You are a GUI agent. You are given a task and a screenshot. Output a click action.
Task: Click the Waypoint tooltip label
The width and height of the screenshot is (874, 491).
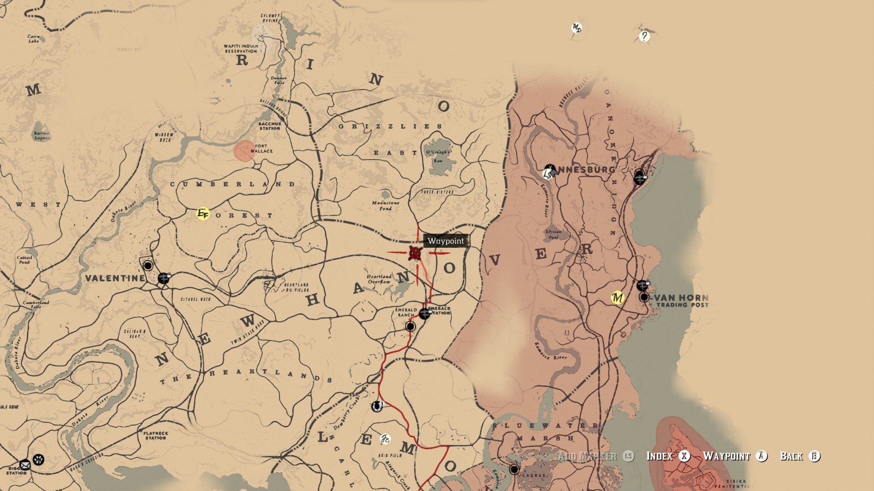click(446, 241)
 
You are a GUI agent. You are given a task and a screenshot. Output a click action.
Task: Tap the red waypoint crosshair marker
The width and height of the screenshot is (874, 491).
click(415, 253)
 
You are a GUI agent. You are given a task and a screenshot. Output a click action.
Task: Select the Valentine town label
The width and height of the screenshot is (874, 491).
click(115, 278)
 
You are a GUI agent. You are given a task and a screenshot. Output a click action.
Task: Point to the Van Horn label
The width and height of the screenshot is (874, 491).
click(681, 298)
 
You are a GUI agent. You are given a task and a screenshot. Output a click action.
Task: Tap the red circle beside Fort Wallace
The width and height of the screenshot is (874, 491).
click(244, 151)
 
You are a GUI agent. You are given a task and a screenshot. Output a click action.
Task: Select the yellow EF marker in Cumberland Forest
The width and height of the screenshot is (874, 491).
click(203, 214)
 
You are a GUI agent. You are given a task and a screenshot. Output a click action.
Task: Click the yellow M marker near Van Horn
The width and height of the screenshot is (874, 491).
click(617, 298)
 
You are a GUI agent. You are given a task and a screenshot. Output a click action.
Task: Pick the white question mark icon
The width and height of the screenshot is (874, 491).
click(644, 36)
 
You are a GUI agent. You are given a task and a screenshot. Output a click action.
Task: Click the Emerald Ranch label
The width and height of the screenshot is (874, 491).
click(406, 312)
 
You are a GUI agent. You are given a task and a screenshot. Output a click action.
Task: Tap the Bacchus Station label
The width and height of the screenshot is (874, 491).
click(269, 126)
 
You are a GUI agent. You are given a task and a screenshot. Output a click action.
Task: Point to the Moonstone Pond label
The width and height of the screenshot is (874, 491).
click(386, 205)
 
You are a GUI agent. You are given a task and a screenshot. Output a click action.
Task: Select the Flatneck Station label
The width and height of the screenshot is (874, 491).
click(156, 436)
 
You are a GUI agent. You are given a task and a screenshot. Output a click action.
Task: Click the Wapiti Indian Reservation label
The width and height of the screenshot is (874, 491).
click(241, 49)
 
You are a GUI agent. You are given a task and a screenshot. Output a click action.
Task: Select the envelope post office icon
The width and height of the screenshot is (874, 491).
click(25, 465)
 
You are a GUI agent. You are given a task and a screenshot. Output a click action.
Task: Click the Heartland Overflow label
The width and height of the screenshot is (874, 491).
click(379, 279)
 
